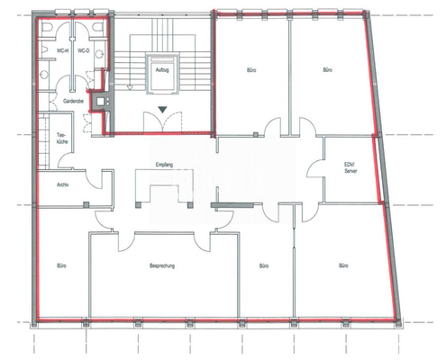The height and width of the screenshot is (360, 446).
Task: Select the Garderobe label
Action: coord(74,102)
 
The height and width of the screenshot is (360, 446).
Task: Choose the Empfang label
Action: coord(164,165)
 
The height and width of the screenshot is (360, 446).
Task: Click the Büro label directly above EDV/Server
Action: coord(329,69)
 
